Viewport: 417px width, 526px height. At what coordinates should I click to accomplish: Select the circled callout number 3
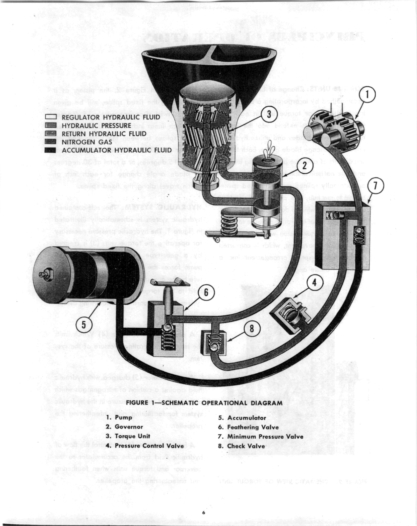click(x=268, y=114)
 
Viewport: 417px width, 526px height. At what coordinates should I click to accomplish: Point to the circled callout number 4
click(x=314, y=283)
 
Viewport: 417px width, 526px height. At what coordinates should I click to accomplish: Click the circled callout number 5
click(x=84, y=324)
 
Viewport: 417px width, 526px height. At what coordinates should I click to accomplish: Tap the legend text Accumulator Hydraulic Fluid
click(x=117, y=150)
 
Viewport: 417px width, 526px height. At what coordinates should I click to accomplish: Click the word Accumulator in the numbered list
click(x=246, y=418)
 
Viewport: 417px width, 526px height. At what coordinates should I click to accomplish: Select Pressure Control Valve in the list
click(x=149, y=446)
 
